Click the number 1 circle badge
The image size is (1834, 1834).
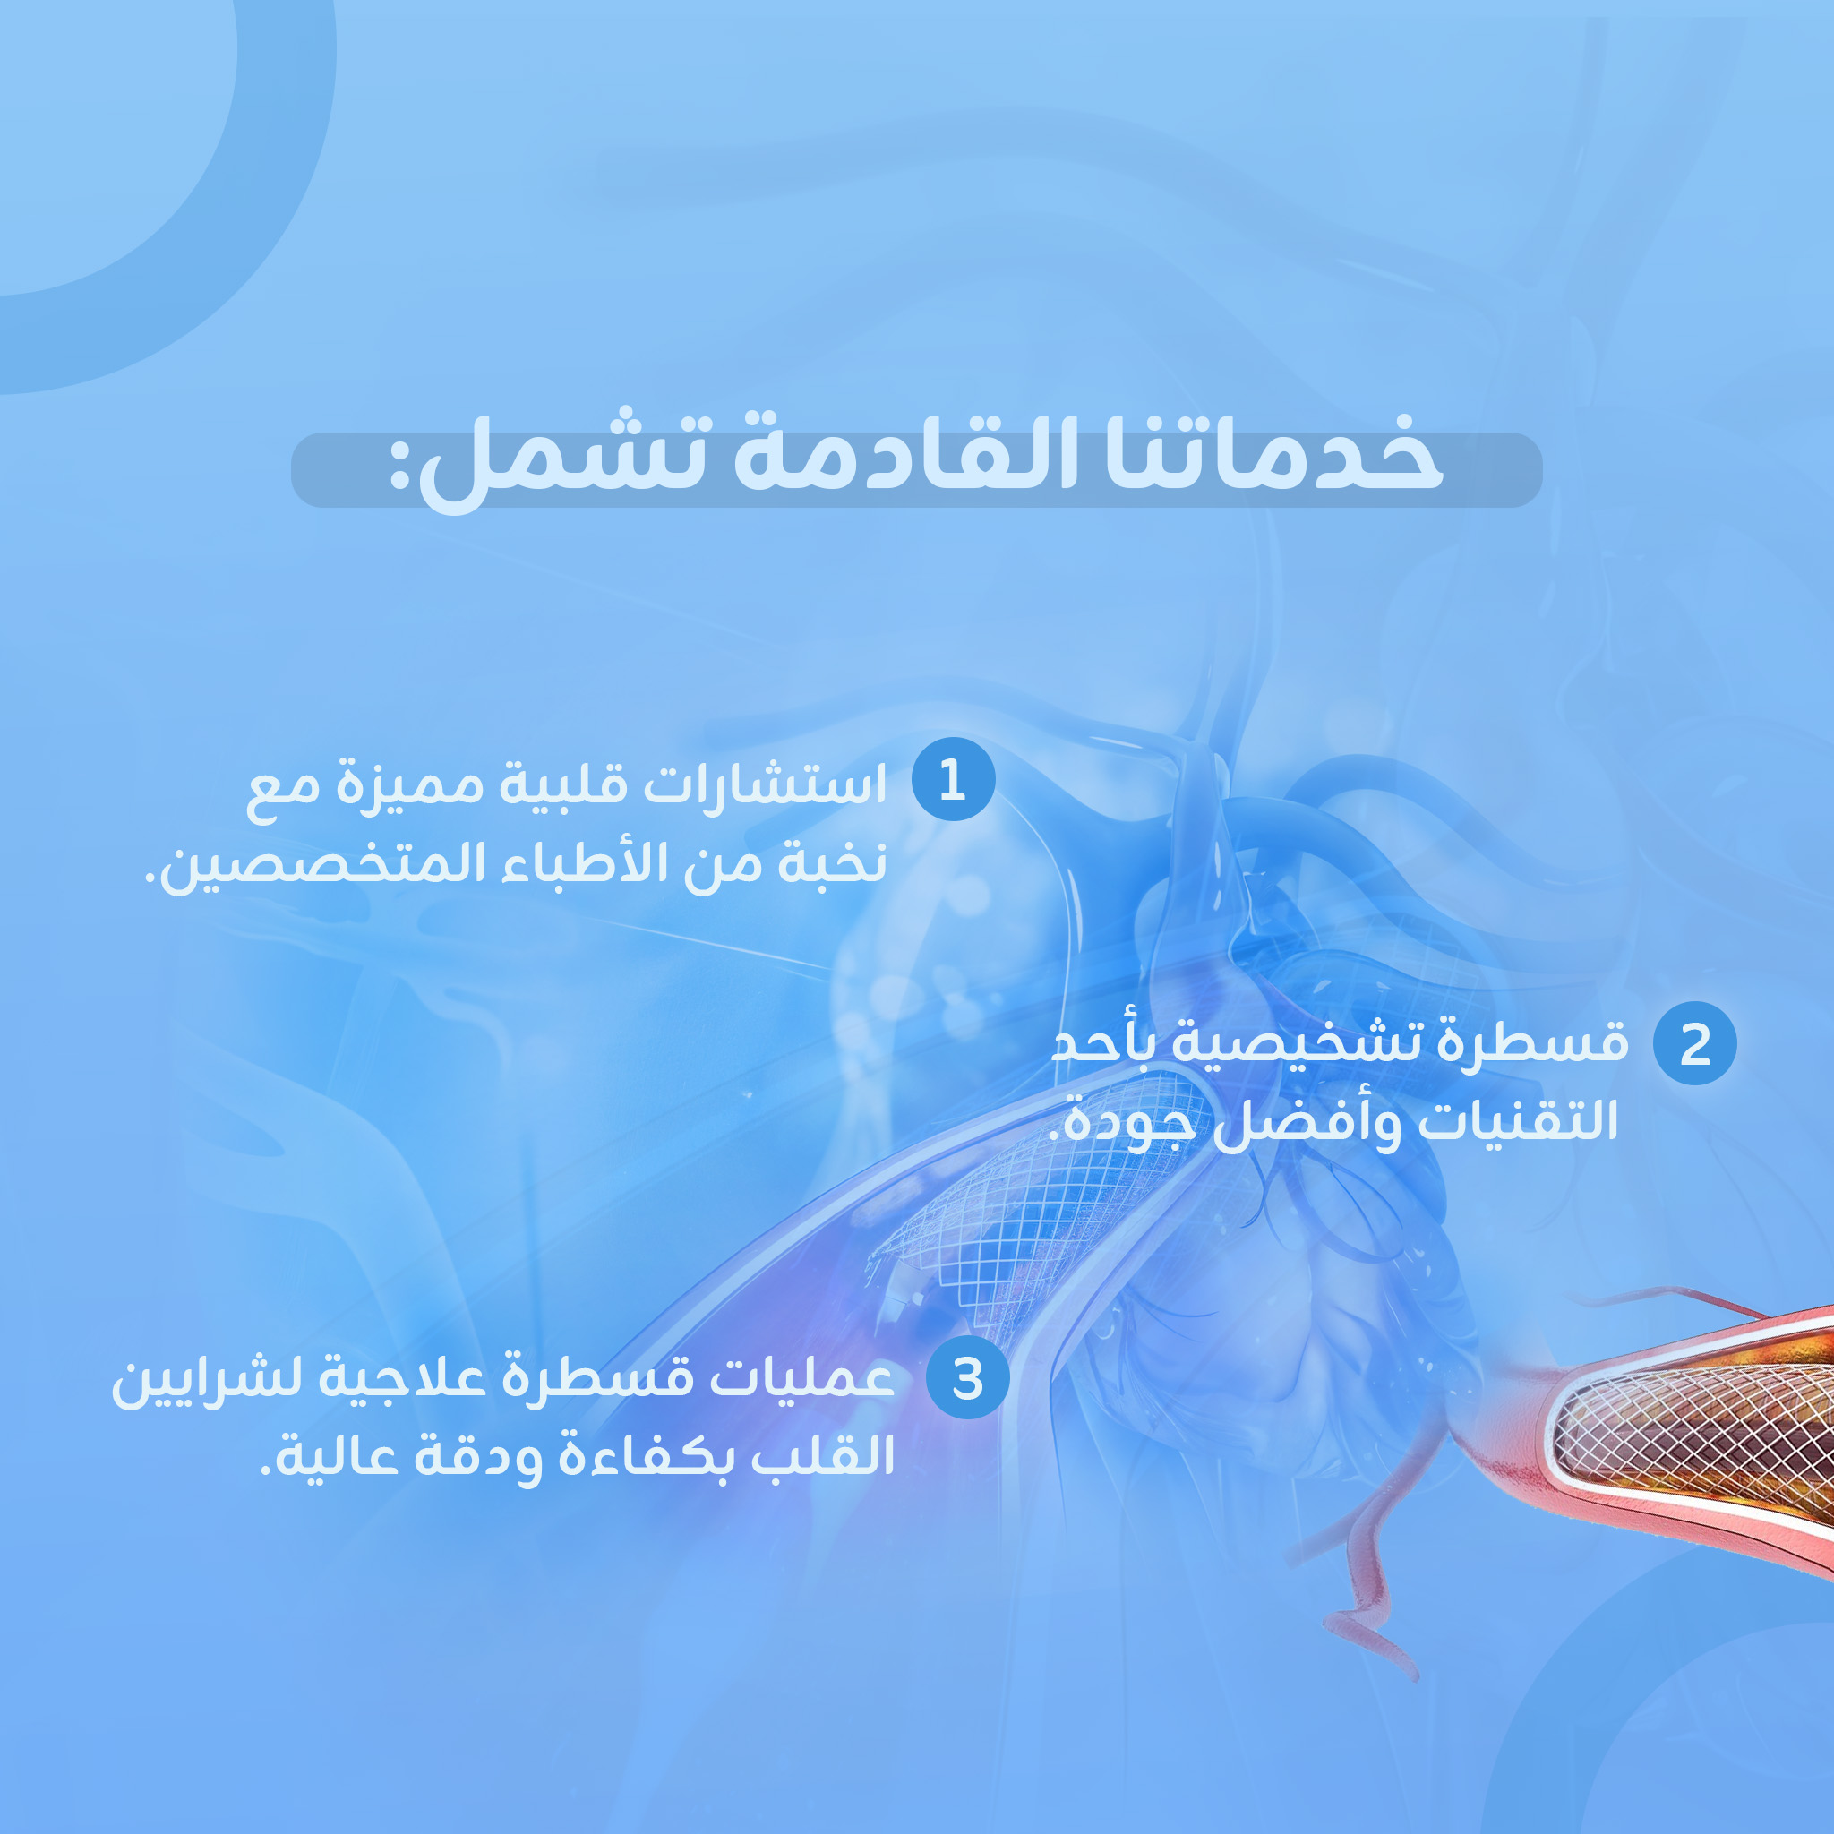tap(953, 779)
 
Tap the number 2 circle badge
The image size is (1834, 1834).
tap(1694, 1043)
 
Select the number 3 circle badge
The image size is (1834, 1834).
tap(967, 1378)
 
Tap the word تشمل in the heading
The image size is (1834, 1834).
tap(570, 460)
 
